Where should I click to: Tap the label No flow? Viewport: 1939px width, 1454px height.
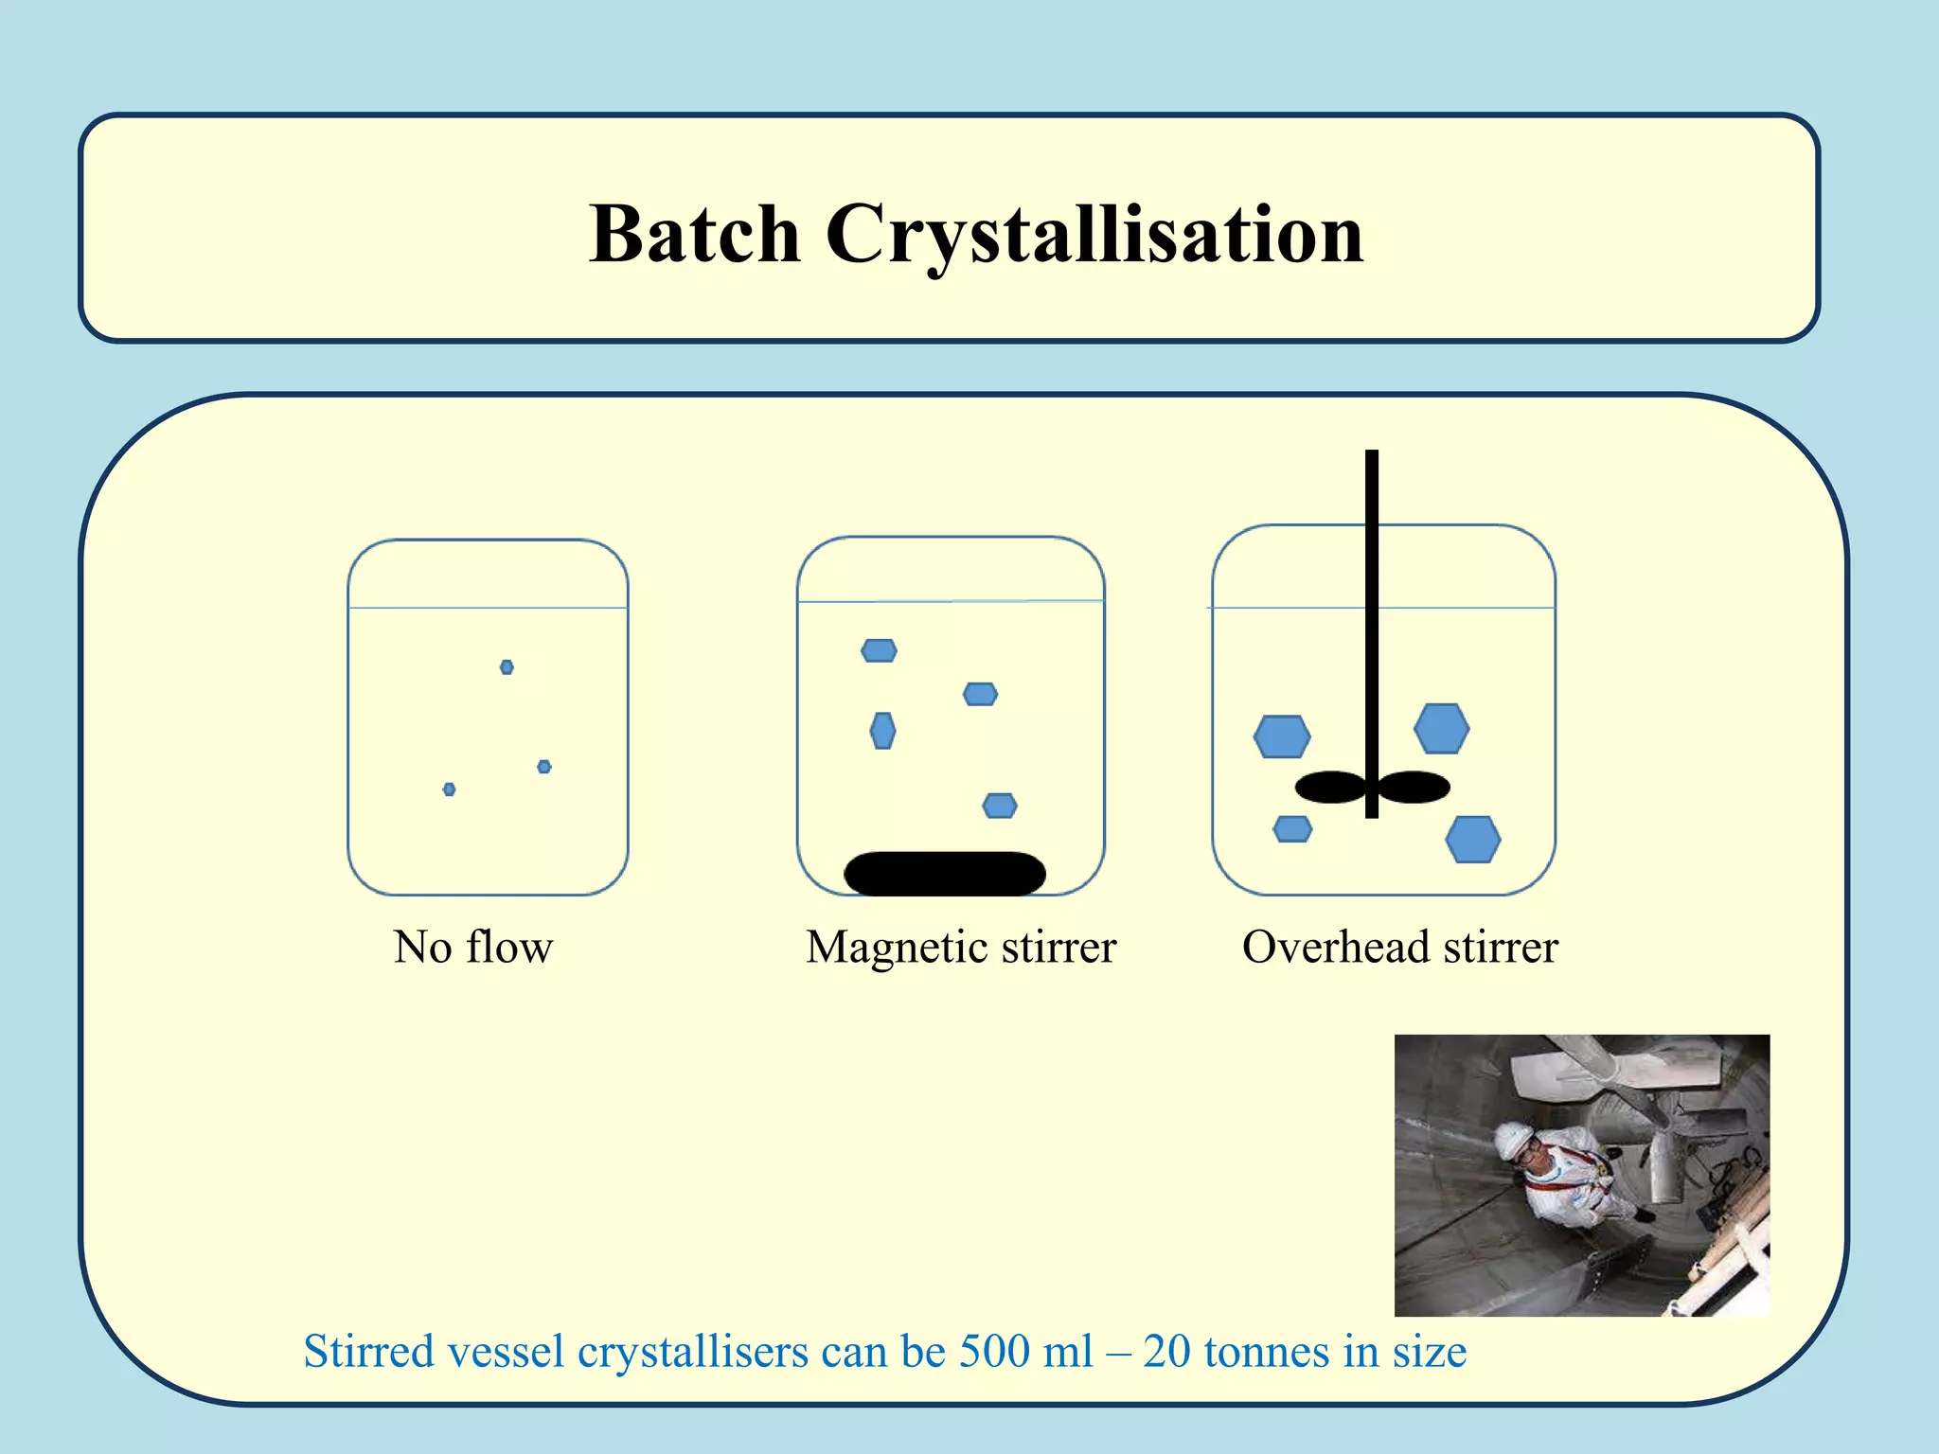point(472,947)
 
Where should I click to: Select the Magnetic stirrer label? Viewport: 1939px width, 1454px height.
point(960,947)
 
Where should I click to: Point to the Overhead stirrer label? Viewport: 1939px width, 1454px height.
point(1399,947)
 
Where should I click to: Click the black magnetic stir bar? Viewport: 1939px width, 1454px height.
point(944,873)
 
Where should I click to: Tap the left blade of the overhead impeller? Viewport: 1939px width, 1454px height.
point(1330,787)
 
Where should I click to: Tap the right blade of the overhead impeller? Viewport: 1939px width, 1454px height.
point(1414,787)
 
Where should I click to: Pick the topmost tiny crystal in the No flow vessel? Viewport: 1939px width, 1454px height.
point(507,667)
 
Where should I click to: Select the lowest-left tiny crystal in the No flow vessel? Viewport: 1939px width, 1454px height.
point(449,789)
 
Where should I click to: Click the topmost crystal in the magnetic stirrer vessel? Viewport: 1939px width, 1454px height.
point(879,650)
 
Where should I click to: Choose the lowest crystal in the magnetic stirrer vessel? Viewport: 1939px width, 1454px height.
point(1000,806)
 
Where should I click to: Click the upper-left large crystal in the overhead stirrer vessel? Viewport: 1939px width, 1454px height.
point(1282,736)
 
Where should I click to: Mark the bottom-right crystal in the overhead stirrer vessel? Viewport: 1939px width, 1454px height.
point(1472,839)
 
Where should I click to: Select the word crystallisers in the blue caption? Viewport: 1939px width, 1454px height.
point(693,1351)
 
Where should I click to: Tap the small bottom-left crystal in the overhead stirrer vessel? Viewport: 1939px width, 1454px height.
point(1292,829)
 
